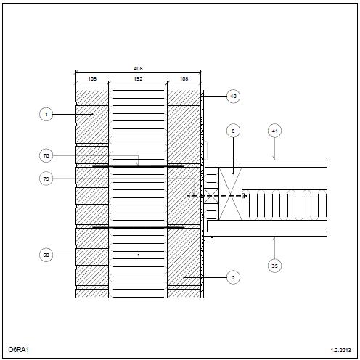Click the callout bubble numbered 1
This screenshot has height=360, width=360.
point(46,114)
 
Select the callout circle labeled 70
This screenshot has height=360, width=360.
point(46,155)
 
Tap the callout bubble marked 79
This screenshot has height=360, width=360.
point(46,179)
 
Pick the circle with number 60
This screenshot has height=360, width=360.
point(46,255)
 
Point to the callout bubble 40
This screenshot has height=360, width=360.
point(233,97)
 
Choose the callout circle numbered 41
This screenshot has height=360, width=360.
point(274,131)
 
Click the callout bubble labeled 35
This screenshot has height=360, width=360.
point(274,266)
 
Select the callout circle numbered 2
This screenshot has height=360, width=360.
point(233,277)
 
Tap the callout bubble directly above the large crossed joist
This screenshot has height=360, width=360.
point(233,131)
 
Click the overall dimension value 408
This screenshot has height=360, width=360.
point(138,68)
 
